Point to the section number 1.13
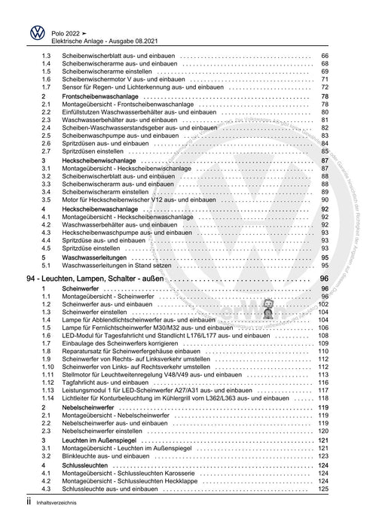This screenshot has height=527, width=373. (47, 391)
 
